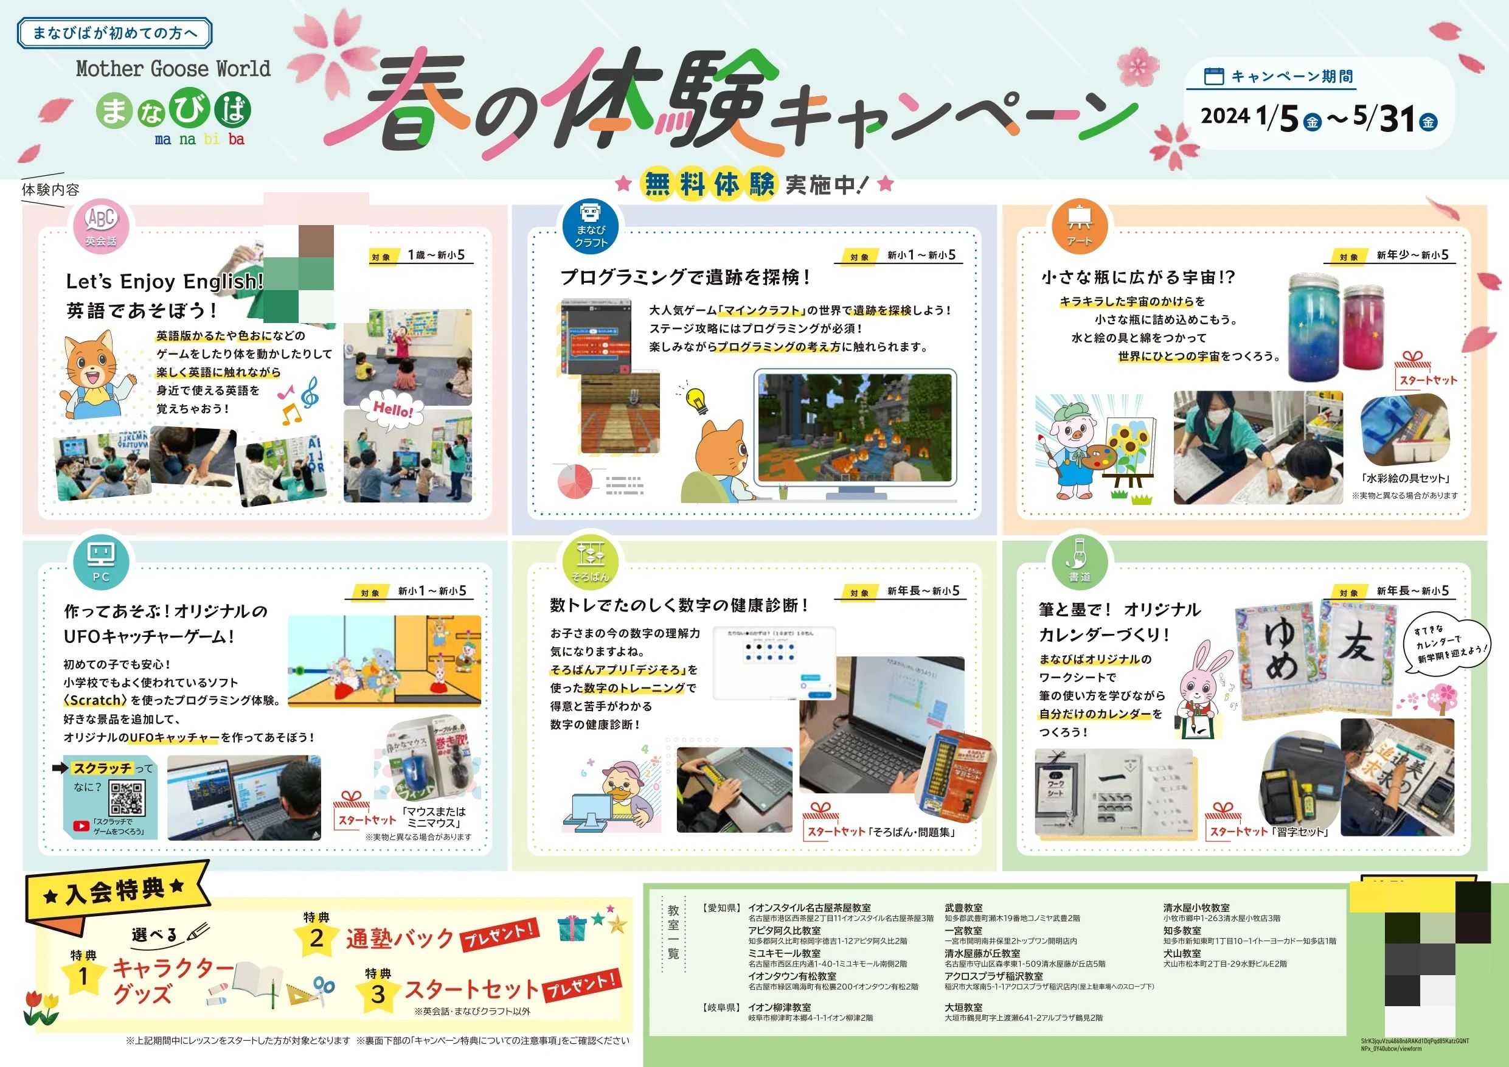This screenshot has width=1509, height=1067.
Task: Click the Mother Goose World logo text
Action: [173, 68]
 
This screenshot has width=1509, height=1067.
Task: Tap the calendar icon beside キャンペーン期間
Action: [1213, 77]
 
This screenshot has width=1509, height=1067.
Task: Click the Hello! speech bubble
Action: [393, 411]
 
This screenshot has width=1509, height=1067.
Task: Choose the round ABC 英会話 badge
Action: [101, 225]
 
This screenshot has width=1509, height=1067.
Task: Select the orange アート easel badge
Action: [1079, 225]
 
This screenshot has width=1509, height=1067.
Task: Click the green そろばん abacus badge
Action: [590, 561]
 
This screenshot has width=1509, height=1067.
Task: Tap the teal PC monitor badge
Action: [101, 561]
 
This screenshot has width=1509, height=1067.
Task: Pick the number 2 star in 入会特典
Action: [317, 938]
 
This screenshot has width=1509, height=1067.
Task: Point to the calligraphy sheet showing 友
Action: [1355, 658]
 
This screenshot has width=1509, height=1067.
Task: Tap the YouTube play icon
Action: [82, 826]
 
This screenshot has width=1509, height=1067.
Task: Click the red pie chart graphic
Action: [575, 481]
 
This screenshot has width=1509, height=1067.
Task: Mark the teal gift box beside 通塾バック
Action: [572, 929]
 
